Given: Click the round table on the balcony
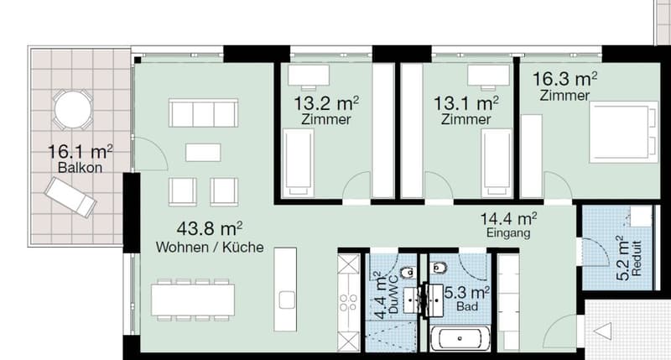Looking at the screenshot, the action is tap(73, 110).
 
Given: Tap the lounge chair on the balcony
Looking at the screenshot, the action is tap(70, 197).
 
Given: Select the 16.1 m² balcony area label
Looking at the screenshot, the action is tap(80, 152).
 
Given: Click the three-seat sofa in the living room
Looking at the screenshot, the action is tap(203, 112).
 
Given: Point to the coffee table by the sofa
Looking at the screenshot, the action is tap(203, 153).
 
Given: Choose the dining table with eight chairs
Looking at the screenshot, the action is tap(193, 300).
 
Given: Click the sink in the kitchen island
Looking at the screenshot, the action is tap(287, 300).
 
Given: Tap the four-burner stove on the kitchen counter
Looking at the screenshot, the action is tap(348, 302).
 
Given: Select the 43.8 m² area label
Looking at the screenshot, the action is tap(209, 228).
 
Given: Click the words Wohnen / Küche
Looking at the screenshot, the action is tap(210, 247).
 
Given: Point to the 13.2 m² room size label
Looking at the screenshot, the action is tap(326, 103).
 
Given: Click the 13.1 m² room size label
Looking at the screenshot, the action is tap(466, 103).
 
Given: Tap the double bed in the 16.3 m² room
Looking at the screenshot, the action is tap(623, 132).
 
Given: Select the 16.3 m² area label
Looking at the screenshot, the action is tap(564, 79).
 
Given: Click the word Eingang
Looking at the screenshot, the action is tap(508, 233).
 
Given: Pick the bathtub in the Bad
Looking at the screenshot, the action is tap(460, 338).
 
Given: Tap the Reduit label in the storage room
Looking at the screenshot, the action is tap(637, 258).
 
